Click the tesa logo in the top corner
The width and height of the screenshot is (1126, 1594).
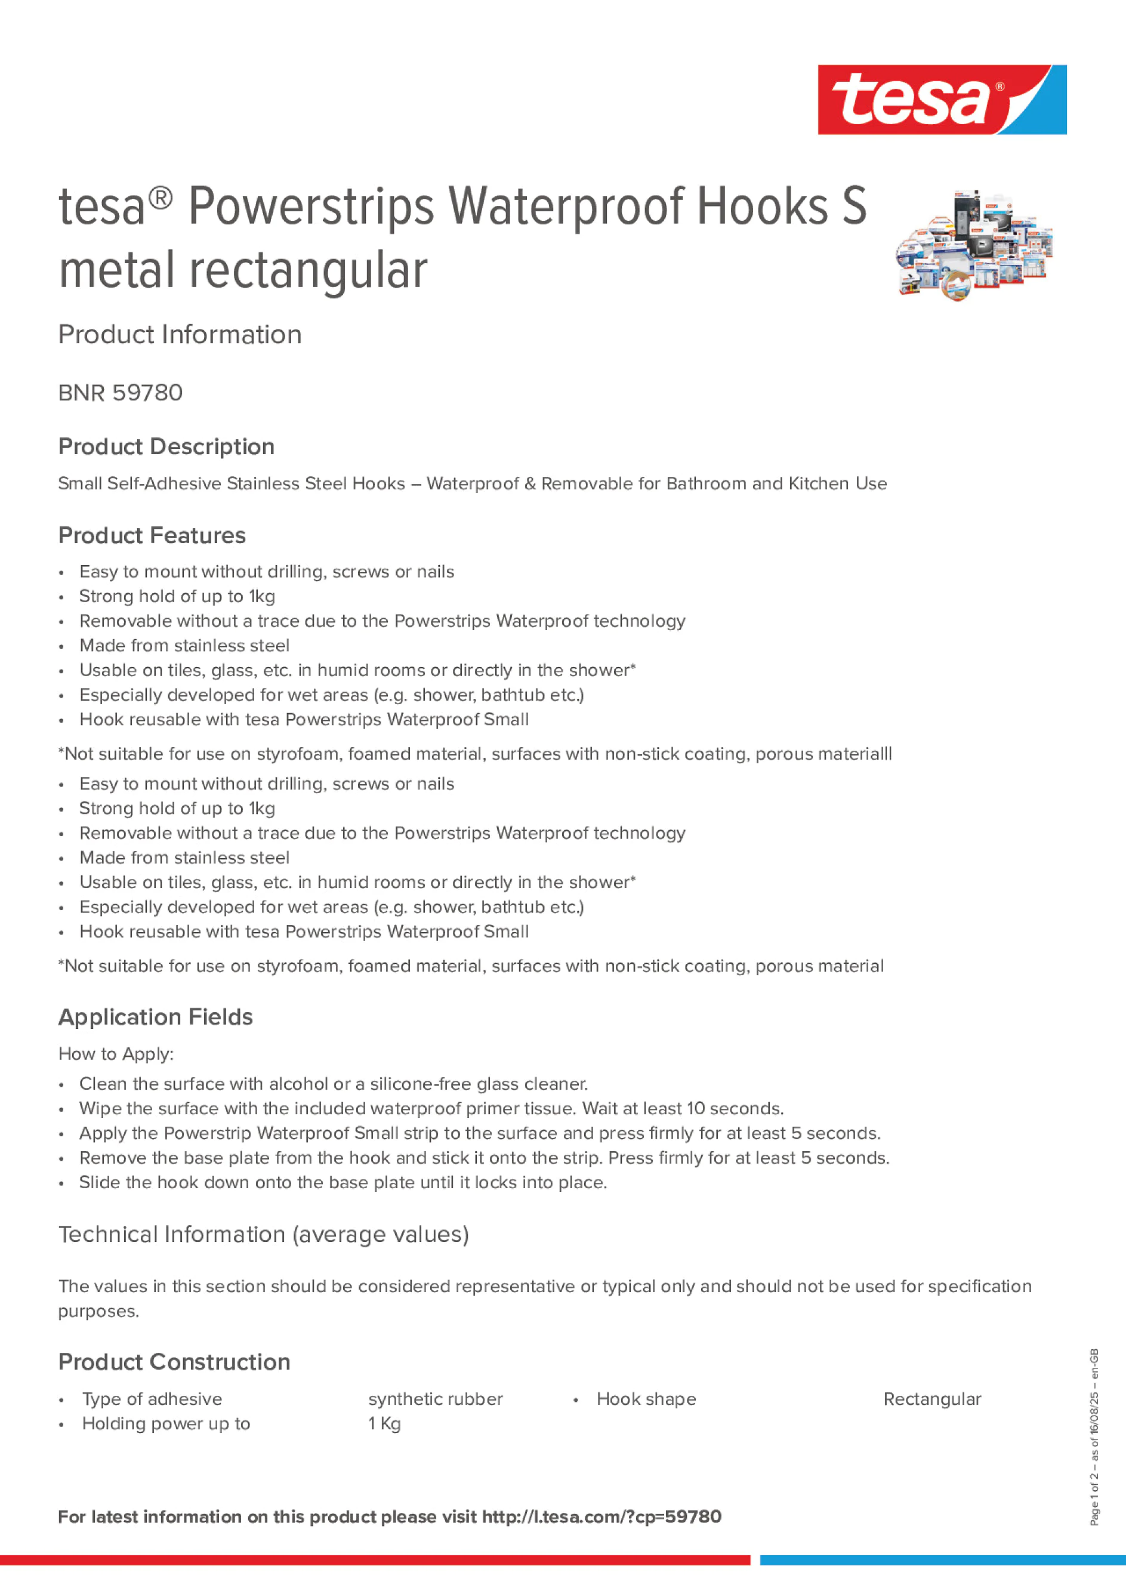[x=942, y=99]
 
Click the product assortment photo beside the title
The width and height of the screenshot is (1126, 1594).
[x=974, y=244]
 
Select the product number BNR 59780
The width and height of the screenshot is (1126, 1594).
[x=120, y=393]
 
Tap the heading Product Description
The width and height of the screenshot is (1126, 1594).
[x=166, y=446]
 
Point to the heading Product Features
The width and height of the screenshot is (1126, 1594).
[x=152, y=535]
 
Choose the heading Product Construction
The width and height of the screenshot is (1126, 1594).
[x=174, y=1362]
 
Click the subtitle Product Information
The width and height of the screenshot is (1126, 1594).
[x=180, y=335]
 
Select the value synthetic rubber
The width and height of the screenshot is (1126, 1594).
[x=435, y=1399]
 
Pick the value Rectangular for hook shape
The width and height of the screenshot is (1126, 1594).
[x=931, y=1399]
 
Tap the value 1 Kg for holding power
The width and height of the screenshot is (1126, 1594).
[x=384, y=1424]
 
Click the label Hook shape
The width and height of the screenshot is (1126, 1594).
[x=646, y=1399]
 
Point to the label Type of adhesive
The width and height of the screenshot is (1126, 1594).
[x=152, y=1399]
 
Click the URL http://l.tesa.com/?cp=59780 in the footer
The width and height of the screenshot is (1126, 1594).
[x=601, y=1517]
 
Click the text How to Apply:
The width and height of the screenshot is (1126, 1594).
[x=116, y=1054]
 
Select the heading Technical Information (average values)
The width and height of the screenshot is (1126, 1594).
[x=264, y=1234]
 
